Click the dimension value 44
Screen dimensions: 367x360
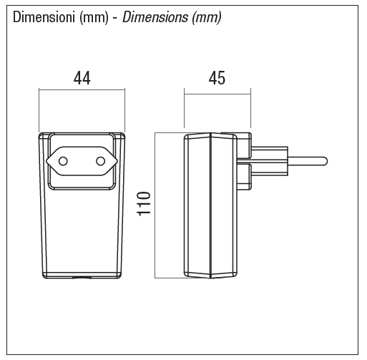coord(82,78)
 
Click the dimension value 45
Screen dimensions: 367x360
coord(217,78)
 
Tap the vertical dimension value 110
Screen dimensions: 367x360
coord(144,204)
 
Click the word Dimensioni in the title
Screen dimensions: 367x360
coord(44,17)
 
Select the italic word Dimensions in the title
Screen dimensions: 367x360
coord(155,17)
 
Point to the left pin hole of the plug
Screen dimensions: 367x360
coord(63,161)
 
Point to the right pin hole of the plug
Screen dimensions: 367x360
coord(101,161)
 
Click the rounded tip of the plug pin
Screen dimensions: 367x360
coord(326,161)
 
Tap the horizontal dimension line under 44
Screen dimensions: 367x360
coord(82,90)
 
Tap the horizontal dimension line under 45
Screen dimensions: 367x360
coord(217,94)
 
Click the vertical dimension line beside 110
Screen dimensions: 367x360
coord(155,205)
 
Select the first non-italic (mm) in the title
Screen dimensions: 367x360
coord(94,18)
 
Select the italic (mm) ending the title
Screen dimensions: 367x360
coord(207,18)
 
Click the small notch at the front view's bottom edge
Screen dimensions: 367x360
coord(82,278)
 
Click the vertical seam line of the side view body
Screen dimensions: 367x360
coord(210,205)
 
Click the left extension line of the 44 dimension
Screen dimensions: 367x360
coord(39,110)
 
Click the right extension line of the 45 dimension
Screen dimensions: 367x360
coord(250,108)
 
